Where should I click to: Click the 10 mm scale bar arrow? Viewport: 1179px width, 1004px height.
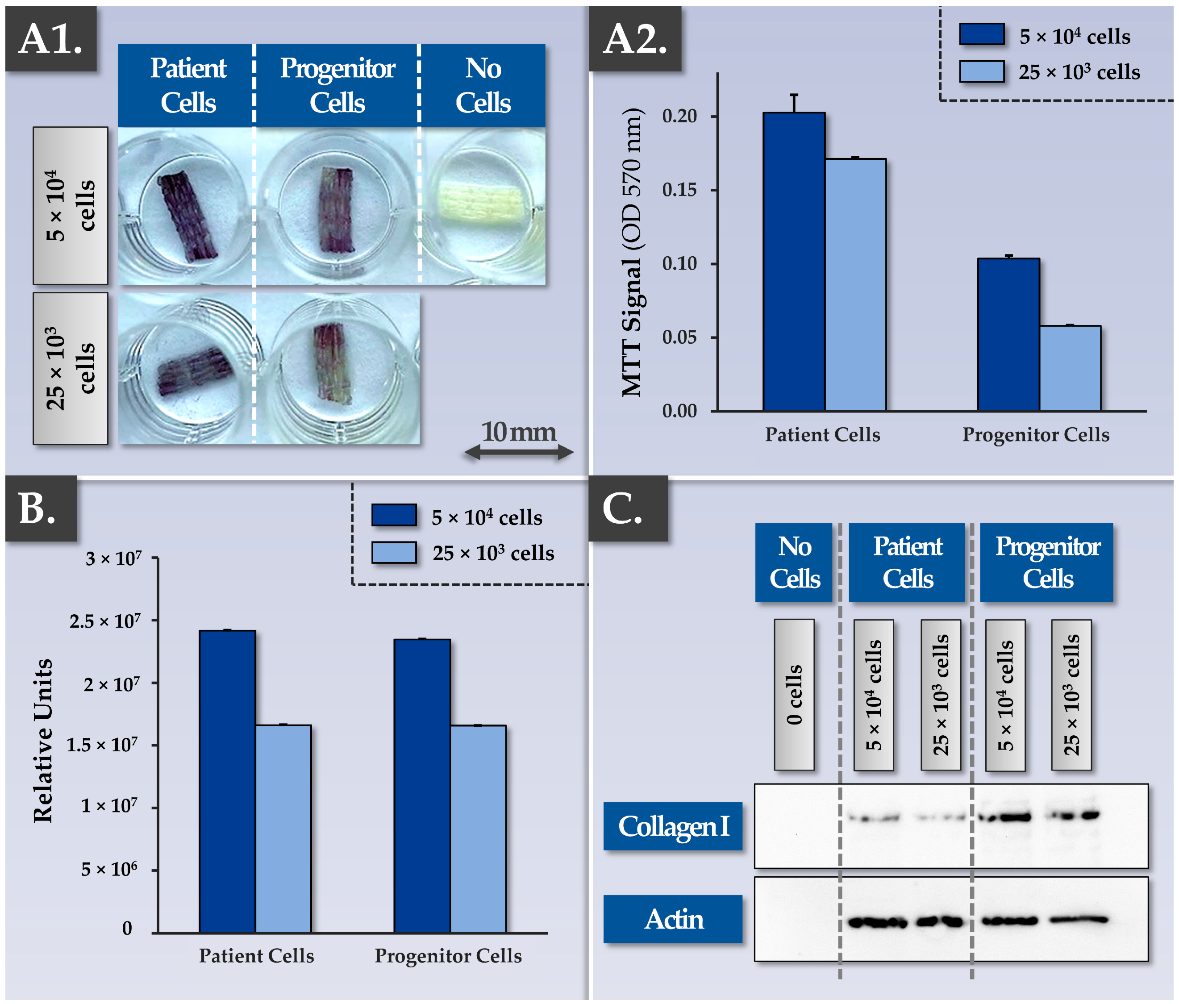pyautogui.click(x=518, y=453)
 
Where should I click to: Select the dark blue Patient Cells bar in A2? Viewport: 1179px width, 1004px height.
pyautogui.click(x=794, y=262)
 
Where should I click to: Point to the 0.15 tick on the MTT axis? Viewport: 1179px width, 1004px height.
pyautogui.click(x=679, y=190)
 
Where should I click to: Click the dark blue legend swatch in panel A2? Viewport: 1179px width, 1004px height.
pyautogui.click(x=982, y=34)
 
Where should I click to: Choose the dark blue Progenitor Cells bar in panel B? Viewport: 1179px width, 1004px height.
pyautogui.click(x=422, y=785)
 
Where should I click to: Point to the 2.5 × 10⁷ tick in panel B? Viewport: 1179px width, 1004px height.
pyautogui.click(x=105, y=621)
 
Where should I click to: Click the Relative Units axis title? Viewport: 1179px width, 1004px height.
pyautogui.click(x=43, y=740)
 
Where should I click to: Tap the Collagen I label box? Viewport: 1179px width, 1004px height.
pyautogui.click(x=673, y=826)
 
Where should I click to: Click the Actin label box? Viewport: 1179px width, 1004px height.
pyautogui.click(x=673, y=919)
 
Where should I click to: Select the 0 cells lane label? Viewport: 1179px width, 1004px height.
pyautogui.click(x=794, y=694)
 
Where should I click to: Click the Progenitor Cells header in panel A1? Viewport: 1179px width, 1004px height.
pyautogui.click(x=337, y=85)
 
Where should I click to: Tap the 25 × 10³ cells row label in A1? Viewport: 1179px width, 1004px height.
pyautogui.click(x=71, y=368)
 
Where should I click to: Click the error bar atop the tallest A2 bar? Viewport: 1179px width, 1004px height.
pyautogui.click(x=794, y=103)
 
